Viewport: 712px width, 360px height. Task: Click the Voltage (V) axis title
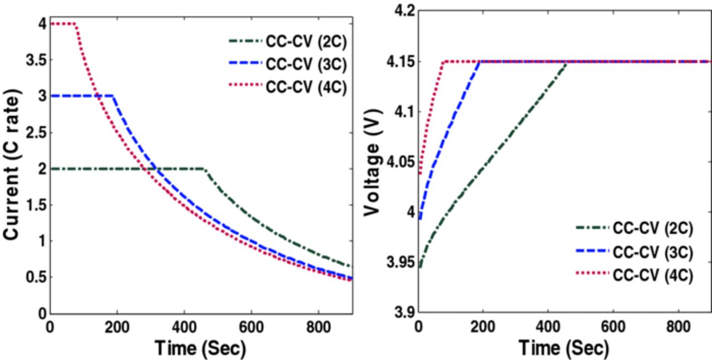(x=373, y=167)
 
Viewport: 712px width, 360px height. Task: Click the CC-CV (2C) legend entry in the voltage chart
(x=652, y=228)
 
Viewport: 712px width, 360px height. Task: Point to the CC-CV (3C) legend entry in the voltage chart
(x=652, y=252)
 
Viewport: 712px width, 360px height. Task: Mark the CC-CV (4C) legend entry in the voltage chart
(x=652, y=276)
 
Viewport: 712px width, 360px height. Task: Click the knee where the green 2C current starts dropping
(x=204, y=169)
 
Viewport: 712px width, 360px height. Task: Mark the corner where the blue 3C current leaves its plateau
(x=113, y=96)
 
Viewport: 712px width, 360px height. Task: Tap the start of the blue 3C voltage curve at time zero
(x=420, y=219)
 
